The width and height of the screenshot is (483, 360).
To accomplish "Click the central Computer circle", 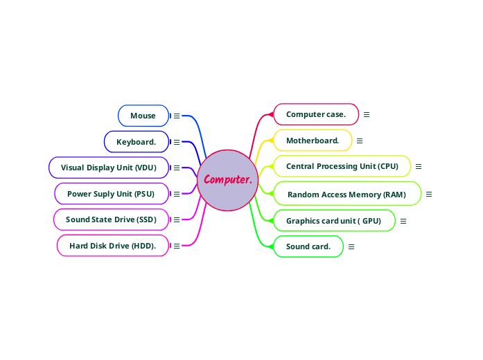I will [x=227, y=180].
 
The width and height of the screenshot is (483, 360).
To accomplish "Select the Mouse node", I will [x=143, y=116].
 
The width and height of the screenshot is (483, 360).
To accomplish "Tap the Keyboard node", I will [x=137, y=142].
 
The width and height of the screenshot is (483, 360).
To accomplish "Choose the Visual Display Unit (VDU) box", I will [x=109, y=168].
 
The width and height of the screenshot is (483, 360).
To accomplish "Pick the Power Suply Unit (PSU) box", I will [x=111, y=194].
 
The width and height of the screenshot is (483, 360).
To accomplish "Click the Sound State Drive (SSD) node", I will [x=111, y=219].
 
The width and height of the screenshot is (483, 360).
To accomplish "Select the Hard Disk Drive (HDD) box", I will [x=113, y=246].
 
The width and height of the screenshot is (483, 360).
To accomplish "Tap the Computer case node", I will [x=316, y=114].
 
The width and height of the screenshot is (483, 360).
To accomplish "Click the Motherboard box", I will [x=313, y=141].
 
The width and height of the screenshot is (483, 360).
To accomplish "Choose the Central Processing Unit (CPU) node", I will [x=342, y=166].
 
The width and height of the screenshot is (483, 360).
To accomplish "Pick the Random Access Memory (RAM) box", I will [x=347, y=195].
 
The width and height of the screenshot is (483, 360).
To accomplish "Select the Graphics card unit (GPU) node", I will [x=334, y=221].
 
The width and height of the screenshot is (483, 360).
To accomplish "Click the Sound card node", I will [x=308, y=246].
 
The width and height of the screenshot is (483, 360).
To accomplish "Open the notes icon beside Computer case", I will [x=367, y=114].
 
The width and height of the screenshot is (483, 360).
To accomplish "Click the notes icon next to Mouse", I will [x=177, y=116].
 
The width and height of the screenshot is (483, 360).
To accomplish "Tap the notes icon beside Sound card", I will [x=351, y=246].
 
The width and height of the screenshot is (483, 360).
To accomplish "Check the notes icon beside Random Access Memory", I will [x=429, y=195].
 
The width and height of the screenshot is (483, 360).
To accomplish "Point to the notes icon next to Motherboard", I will [x=360, y=141].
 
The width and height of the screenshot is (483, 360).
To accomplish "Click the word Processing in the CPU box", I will [x=346, y=166].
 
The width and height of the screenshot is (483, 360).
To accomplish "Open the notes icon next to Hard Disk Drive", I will [x=177, y=246].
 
